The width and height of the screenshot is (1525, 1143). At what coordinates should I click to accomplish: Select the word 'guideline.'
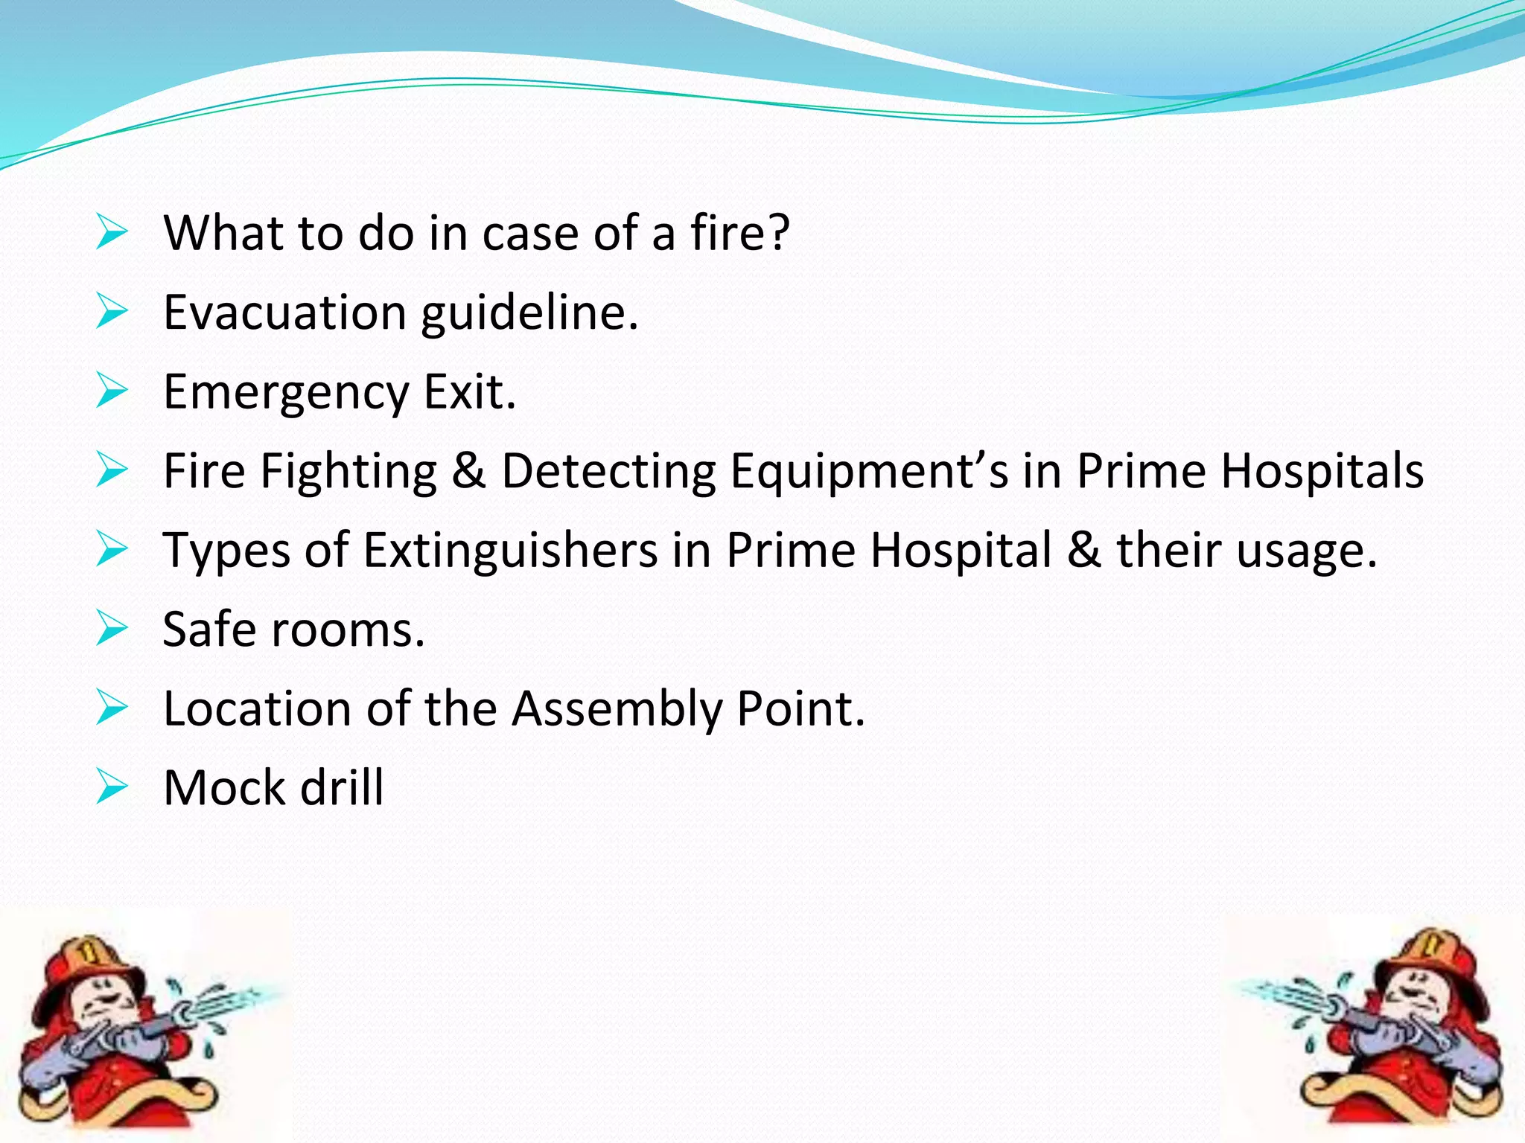click(x=529, y=314)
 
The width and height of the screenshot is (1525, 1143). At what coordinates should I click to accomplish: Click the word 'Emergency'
click(x=286, y=393)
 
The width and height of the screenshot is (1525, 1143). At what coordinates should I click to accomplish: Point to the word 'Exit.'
click(x=469, y=391)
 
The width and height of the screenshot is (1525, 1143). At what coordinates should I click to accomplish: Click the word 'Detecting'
click(x=608, y=472)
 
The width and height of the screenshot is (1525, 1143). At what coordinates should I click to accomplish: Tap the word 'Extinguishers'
click(x=510, y=551)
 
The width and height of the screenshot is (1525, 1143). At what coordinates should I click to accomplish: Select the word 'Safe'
click(x=209, y=630)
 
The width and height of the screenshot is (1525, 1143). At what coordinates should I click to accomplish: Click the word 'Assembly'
click(x=617, y=709)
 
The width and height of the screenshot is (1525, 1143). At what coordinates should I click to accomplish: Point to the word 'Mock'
click(x=224, y=787)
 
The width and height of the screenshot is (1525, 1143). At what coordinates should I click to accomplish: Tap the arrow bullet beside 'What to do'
click(x=112, y=232)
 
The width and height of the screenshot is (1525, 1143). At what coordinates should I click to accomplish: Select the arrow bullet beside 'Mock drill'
click(x=112, y=787)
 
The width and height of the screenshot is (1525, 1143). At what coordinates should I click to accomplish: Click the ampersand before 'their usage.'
click(x=1084, y=551)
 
